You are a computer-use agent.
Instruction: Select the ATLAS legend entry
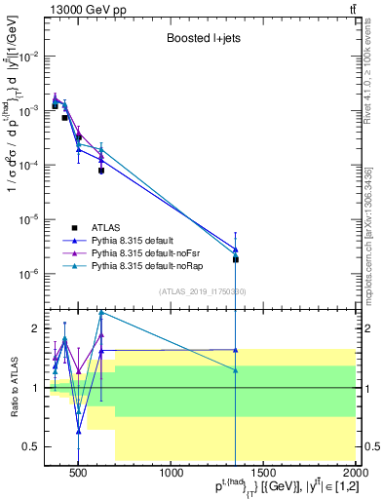click(x=113, y=229)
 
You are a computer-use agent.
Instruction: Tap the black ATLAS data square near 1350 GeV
click(x=236, y=259)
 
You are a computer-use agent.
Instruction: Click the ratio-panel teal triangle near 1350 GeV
click(x=236, y=370)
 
